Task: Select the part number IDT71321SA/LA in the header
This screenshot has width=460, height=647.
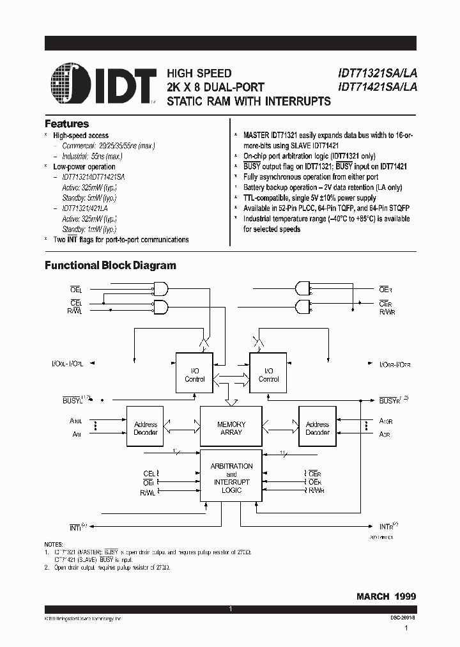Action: tap(376, 74)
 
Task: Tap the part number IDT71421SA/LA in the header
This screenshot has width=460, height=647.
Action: tap(376, 88)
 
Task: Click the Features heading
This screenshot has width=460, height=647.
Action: tap(66, 124)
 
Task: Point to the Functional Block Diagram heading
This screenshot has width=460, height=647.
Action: tap(110, 265)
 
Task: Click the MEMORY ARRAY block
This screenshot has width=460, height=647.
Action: tap(231, 428)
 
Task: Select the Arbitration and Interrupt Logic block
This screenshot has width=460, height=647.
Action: tap(231, 478)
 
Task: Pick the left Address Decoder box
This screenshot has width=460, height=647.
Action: tap(146, 428)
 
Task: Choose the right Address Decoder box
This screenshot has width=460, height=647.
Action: tap(317, 428)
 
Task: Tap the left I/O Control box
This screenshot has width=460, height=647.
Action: tap(195, 375)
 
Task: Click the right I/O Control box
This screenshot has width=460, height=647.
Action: tap(268, 375)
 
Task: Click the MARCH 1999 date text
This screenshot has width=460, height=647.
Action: tap(386, 595)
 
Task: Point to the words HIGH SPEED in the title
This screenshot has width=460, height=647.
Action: tap(199, 74)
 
